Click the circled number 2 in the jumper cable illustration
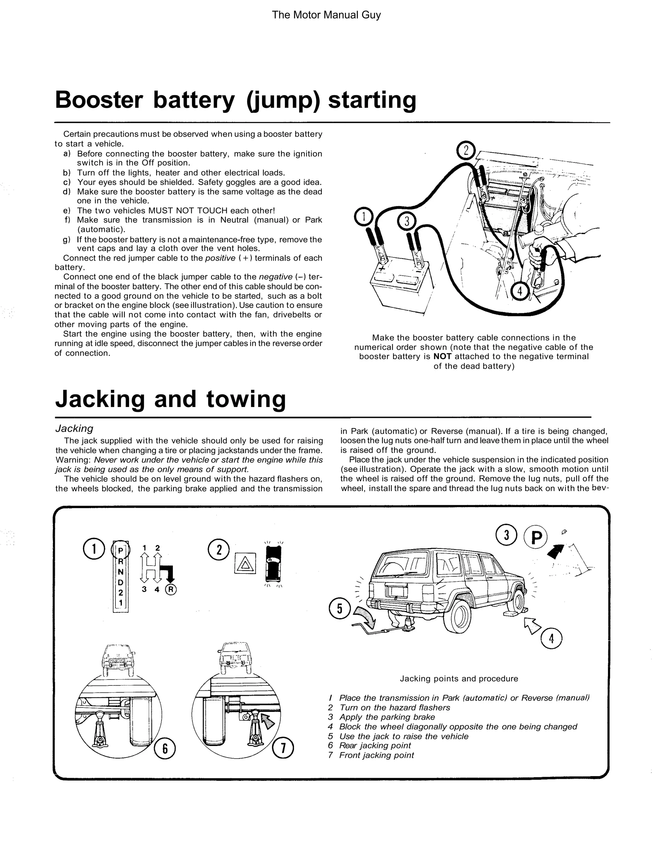tap(466, 151)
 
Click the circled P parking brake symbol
tap(536, 538)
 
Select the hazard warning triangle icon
tap(245, 563)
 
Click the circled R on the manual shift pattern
tap(171, 589)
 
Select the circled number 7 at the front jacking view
tap(283, 748)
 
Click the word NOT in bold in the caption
tap(442, 356)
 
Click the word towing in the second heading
tap(246, 399)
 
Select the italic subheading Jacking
tap(74, 428)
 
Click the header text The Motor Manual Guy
tap(326, 15)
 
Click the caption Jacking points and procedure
tap(459, 678)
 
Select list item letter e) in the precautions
tap(67, 211)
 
